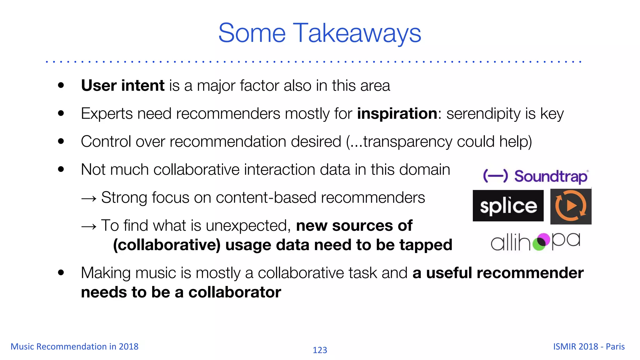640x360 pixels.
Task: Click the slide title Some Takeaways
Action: (319, 33)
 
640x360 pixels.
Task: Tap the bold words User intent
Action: (122, 86)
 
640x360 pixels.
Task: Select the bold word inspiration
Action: (397, 113)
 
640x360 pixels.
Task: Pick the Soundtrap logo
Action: (536, 176)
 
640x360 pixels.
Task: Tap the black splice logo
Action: (508, 206)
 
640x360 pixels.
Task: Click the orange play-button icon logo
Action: (571, 206)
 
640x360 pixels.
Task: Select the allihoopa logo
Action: (535, 242)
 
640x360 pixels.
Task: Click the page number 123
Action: (320, 350)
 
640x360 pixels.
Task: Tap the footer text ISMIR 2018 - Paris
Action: (589, 347)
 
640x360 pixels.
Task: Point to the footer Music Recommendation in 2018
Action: (74, 347)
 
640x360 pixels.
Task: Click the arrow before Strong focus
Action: (89, 198)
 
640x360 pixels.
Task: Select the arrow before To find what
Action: (89, 226)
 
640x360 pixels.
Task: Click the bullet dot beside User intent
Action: (61, 85)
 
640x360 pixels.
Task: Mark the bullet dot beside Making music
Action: (61, 273)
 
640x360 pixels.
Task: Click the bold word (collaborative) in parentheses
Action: (167, 245)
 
